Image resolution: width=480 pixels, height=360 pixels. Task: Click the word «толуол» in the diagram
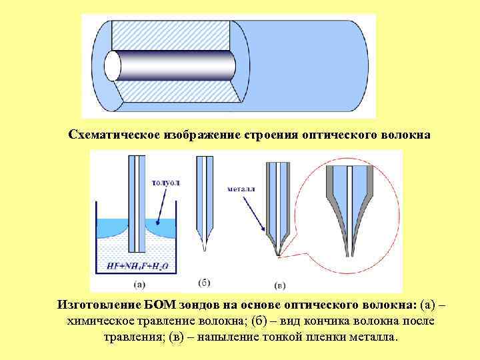tap(166, 182)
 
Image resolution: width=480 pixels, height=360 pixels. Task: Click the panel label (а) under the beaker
tap(140, 284)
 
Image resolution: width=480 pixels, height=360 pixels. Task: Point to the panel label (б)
tap(205, 282)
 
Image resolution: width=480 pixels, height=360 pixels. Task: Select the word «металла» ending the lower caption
tap(374, 336)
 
